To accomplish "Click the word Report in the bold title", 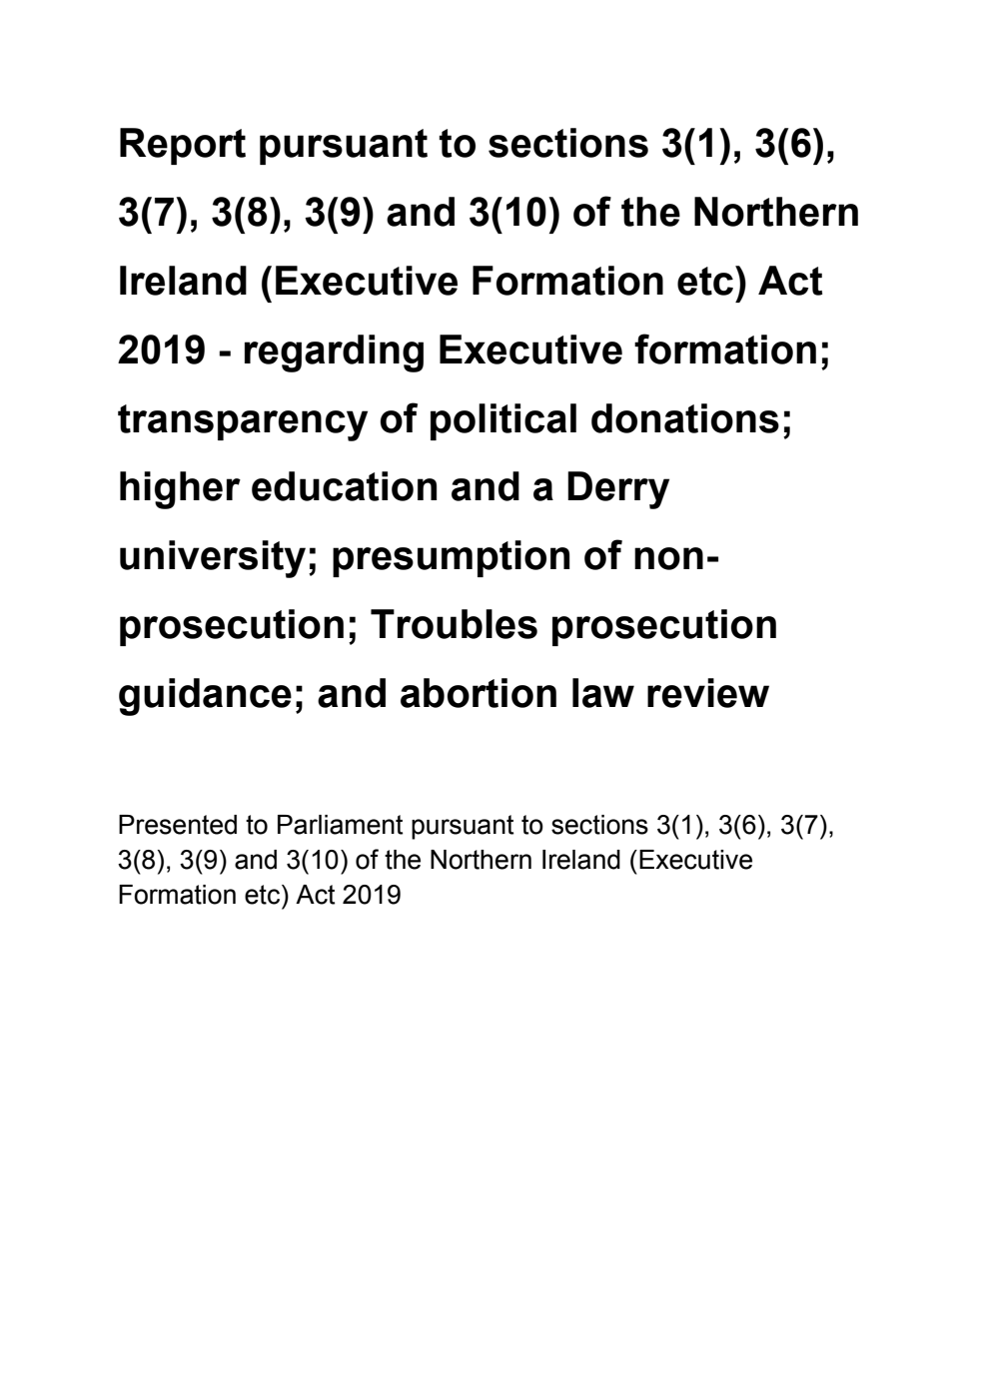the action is coord(182,146).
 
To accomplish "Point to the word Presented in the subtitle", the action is coord(164,826).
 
